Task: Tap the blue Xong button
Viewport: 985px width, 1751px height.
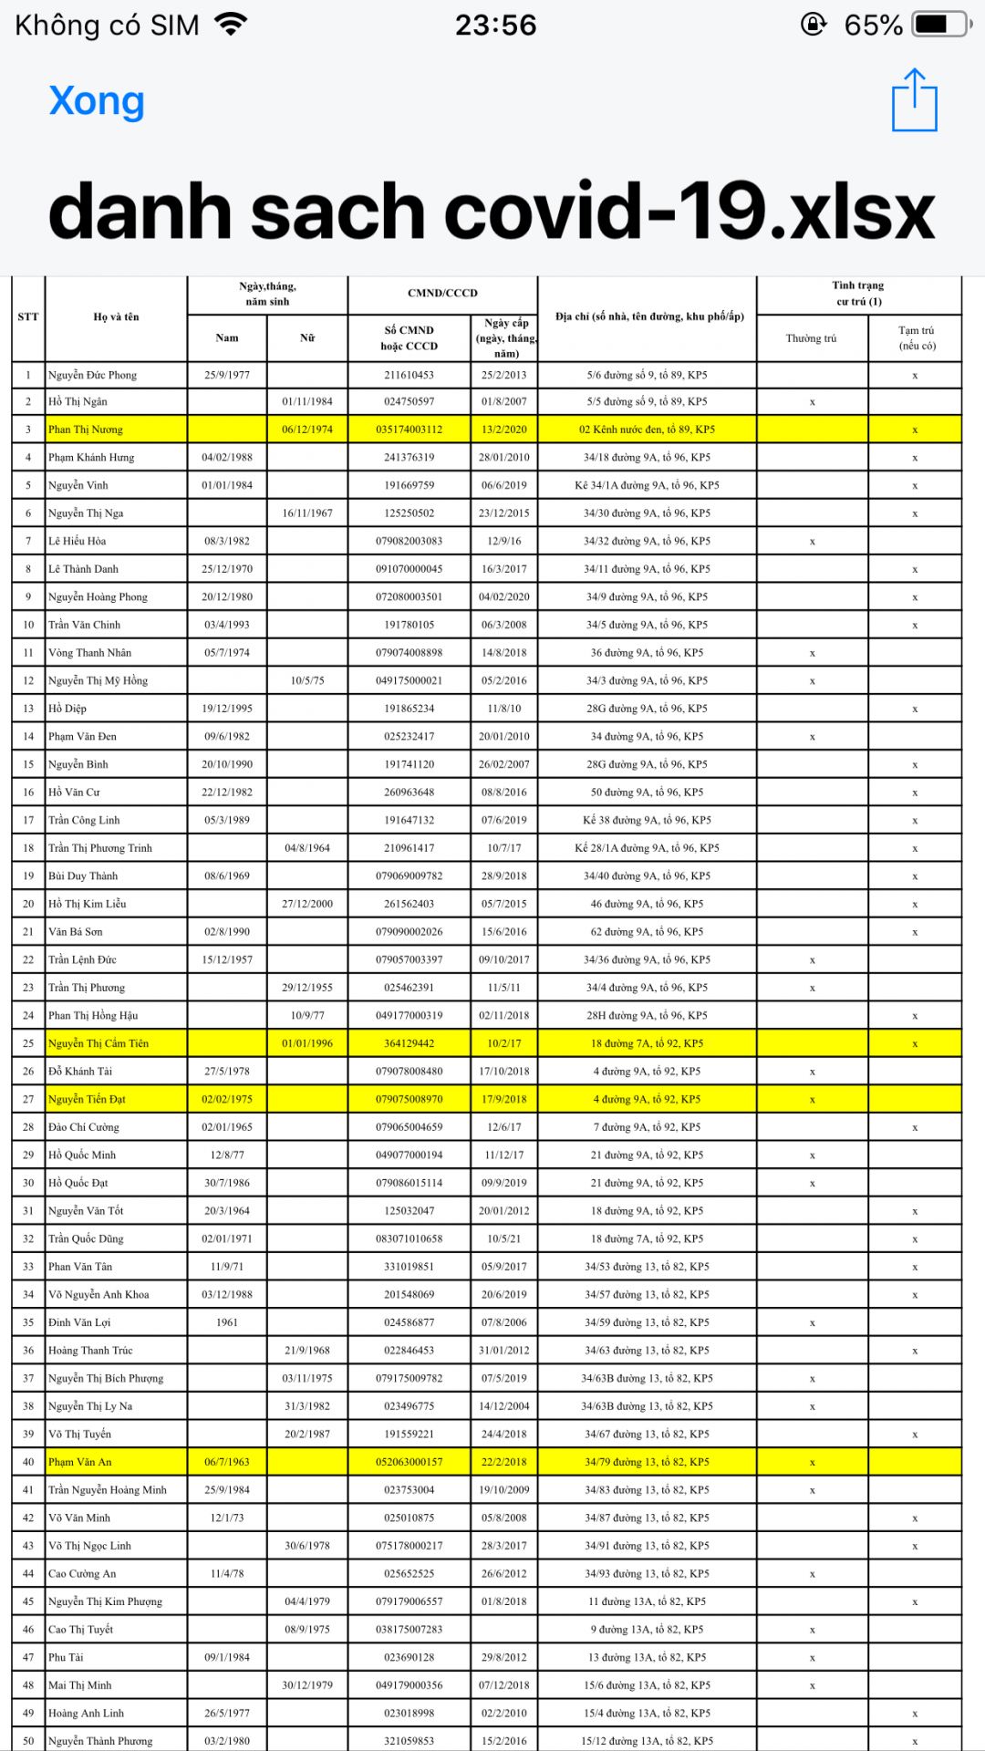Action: tap(97, 101)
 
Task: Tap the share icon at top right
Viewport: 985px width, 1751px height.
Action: tap(914, 100)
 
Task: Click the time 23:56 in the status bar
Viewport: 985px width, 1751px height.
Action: tap(495, 26)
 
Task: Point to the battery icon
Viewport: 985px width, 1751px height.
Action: tap(939, 25)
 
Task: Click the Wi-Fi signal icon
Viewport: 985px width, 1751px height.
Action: tap(232, 25)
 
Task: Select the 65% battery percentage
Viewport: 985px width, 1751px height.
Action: tap(873, 26)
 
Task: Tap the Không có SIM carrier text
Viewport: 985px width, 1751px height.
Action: tap(107, 26)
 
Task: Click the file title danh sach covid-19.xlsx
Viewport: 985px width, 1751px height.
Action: tap(492, 212)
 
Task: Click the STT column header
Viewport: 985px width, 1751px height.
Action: tap(28, 317)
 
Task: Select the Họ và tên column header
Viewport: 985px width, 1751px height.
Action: tap(116, 317)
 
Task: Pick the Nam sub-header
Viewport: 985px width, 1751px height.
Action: tap(227, 338)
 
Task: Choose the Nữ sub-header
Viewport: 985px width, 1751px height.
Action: tap(307, 338)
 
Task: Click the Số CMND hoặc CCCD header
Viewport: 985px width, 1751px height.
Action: tap(410, 338)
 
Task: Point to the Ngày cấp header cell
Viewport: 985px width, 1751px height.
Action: tap(506, 338)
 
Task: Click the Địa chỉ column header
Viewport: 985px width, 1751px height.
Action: tap(648, 317)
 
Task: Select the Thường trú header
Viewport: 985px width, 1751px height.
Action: tap(811, 338)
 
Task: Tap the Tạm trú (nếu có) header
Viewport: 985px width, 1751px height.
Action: tap(916, 338)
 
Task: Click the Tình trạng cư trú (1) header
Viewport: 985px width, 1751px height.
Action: tap(858, 294)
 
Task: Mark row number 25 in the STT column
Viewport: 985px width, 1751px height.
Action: tap(28, 1043)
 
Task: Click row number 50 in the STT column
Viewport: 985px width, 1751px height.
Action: tap(28, 1741)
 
